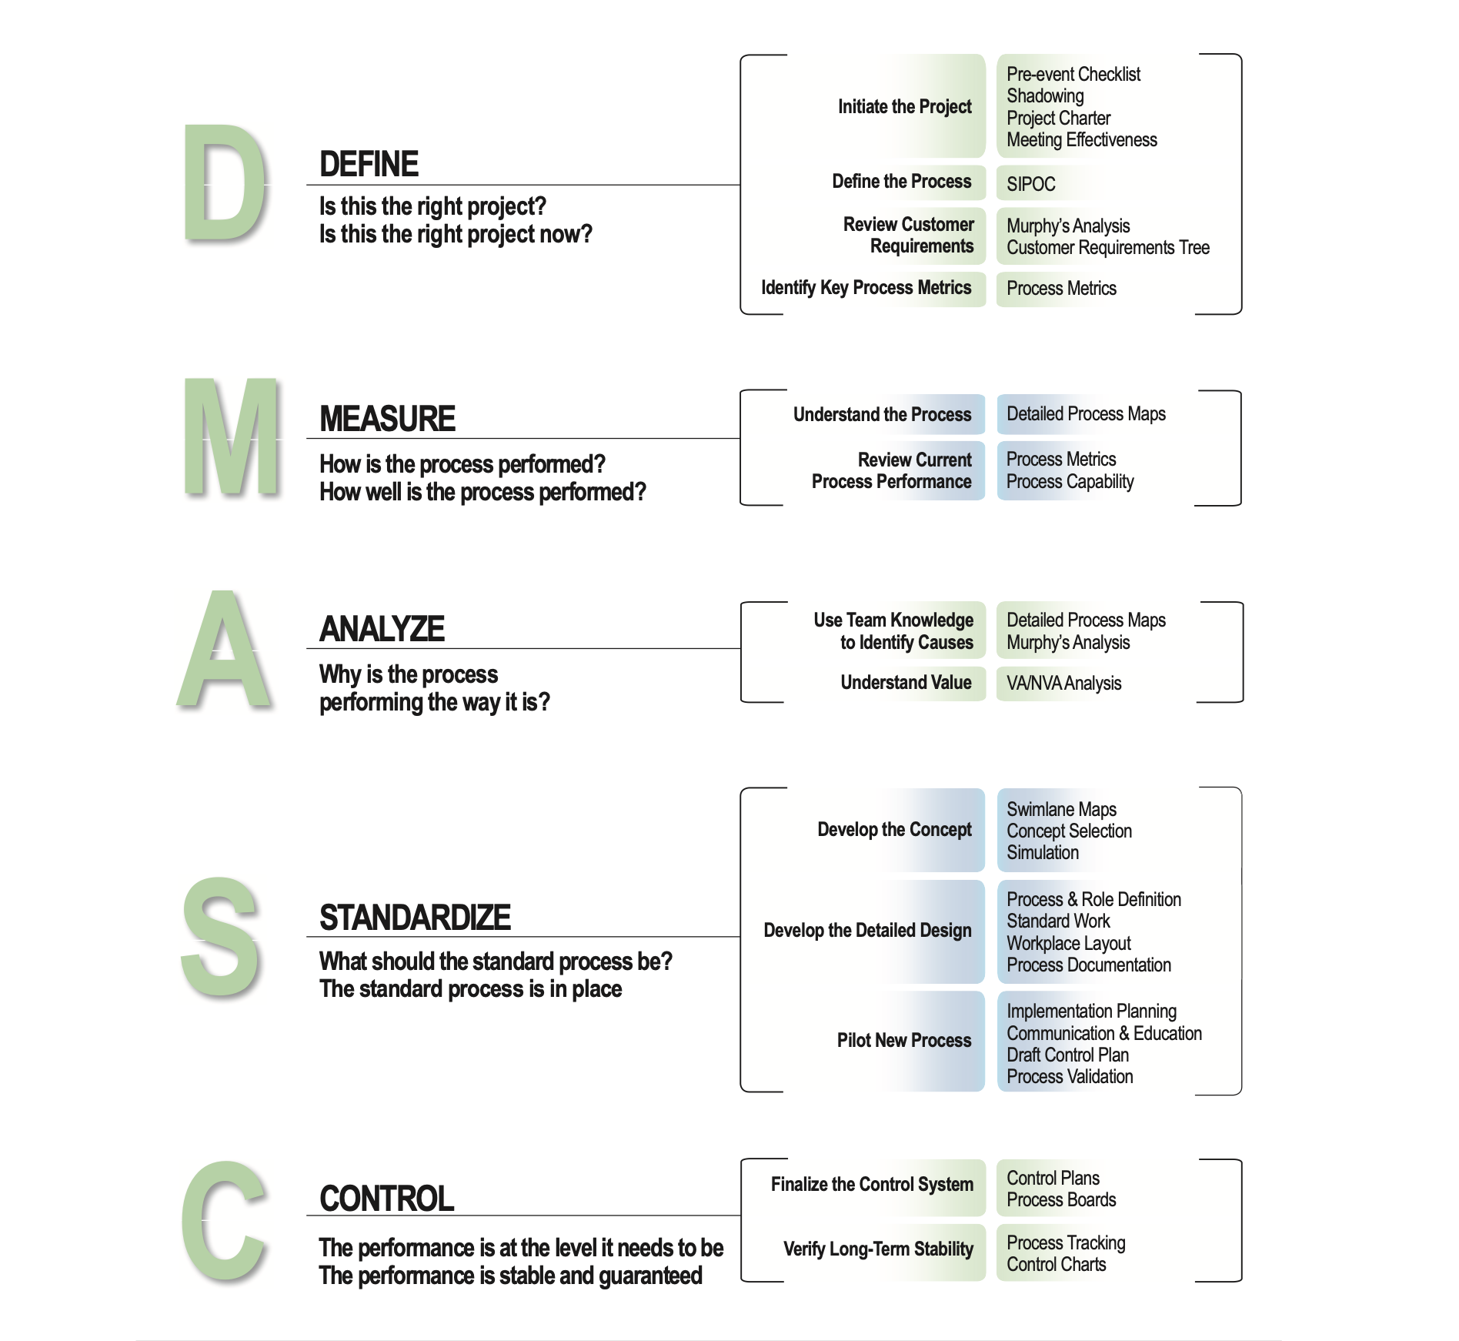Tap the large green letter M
pos(232,436)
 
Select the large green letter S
pos(220,936)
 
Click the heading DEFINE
pos(369,164)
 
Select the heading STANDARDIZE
pos(415,917)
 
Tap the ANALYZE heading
pos(382,629)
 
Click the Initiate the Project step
pos(904,106)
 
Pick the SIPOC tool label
pos(1030,184)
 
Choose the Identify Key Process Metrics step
pos(866,288)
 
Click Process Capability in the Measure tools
pos(1070,482)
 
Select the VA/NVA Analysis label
pos(1063,683)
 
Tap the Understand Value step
pos(906,682)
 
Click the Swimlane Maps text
pos(1061,809)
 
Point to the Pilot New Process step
pos(903,1040)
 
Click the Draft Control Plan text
pos(1067,1055)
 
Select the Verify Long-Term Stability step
pos(878,1249)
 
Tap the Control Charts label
pos(1056,1264)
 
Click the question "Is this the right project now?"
pos(456,234)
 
